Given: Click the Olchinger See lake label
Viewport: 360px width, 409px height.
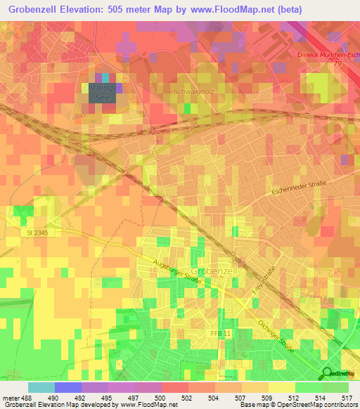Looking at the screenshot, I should coord(103,93).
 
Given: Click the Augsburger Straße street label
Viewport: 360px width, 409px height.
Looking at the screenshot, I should coord(177,271).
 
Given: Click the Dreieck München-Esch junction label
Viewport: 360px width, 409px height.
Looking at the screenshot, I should coord(323,53).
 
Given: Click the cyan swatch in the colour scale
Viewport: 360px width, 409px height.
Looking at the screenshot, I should coord(41,387).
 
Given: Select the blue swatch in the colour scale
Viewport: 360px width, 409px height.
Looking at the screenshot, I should coord(67,387).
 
